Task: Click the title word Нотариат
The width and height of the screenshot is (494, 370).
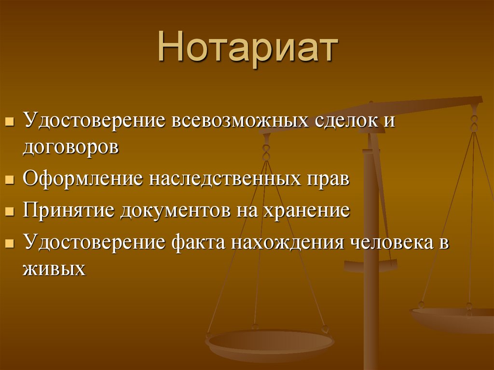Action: point(247,49)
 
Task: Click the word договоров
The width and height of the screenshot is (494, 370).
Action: point(70,147)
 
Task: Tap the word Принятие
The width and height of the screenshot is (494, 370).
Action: point(68,211)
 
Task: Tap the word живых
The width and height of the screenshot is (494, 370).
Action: point(54,268)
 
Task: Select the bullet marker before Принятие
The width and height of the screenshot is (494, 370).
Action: point(9,212)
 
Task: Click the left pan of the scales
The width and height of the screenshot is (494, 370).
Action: point(270,343)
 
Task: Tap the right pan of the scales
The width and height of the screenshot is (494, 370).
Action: point(453,318)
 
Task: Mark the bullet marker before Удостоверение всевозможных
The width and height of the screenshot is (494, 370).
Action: point(9,120)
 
